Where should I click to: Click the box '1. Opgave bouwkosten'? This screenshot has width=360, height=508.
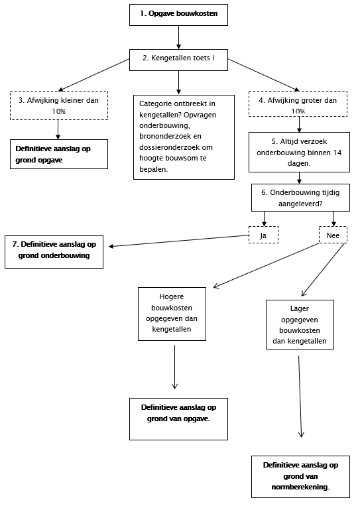(x=178, y=15)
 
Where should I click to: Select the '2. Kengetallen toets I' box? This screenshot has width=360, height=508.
(x=178, y=60)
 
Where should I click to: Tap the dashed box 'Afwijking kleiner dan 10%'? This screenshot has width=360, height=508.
(x=59, y=105)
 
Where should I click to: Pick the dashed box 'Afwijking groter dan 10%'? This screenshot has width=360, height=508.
(x=298, y=103)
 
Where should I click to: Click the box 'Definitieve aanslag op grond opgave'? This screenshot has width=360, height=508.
(x=59, y=155)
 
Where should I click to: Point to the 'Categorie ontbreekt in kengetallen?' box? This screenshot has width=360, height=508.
(x=184, y=137)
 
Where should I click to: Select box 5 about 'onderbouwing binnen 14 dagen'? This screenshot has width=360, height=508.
(x=299, y=152)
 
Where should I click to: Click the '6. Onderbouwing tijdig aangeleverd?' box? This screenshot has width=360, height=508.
(x=300, y=198)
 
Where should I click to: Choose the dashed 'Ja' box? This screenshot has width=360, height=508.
(x=263, y=235)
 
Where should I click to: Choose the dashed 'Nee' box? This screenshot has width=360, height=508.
(x=333, y=235)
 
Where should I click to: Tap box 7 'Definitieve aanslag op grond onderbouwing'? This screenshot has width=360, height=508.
(x=54, y=252)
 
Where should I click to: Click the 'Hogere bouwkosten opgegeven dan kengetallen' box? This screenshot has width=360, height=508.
(x=172, y=314)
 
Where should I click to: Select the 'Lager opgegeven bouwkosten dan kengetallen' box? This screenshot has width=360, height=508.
(x=300, y=324)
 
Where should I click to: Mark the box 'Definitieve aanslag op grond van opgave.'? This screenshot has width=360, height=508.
(x=178, y=419)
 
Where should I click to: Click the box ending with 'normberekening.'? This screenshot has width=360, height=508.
(x=300, y=477)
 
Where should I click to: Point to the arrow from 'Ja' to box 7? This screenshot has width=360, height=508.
(x=179, y=241)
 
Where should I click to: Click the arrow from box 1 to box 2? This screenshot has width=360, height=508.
(x=178, y=37)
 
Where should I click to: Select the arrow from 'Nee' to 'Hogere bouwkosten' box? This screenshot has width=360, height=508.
(x=266, y=265)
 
